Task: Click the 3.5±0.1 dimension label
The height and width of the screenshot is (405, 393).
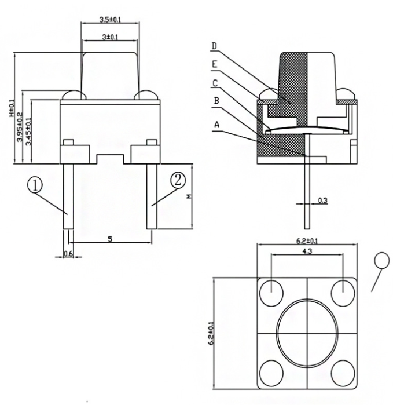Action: [x=110, y=20]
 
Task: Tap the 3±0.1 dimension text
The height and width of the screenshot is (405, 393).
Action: [x=110, y=37]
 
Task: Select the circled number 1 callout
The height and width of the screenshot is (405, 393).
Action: [x=35, y=185]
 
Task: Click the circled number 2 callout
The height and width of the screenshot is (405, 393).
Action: [x=178, y=179]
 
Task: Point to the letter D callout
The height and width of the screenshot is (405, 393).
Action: [x=214, y=46]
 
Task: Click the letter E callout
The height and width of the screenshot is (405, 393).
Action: [x=214, y=64]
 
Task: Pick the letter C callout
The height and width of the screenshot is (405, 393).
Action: [x=215, y=82]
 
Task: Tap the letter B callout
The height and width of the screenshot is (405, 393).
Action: [x=216, y=101]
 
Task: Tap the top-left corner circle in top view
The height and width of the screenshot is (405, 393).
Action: [x=271, y=292]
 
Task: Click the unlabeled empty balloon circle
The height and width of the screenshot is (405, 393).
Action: [x=383, y=260]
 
